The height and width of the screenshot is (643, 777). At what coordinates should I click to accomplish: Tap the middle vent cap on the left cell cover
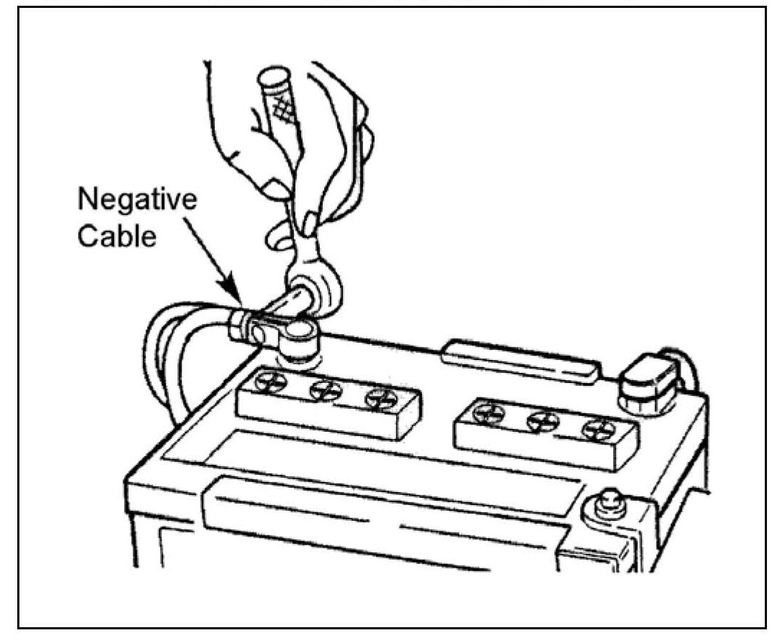(x=321, y=390)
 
